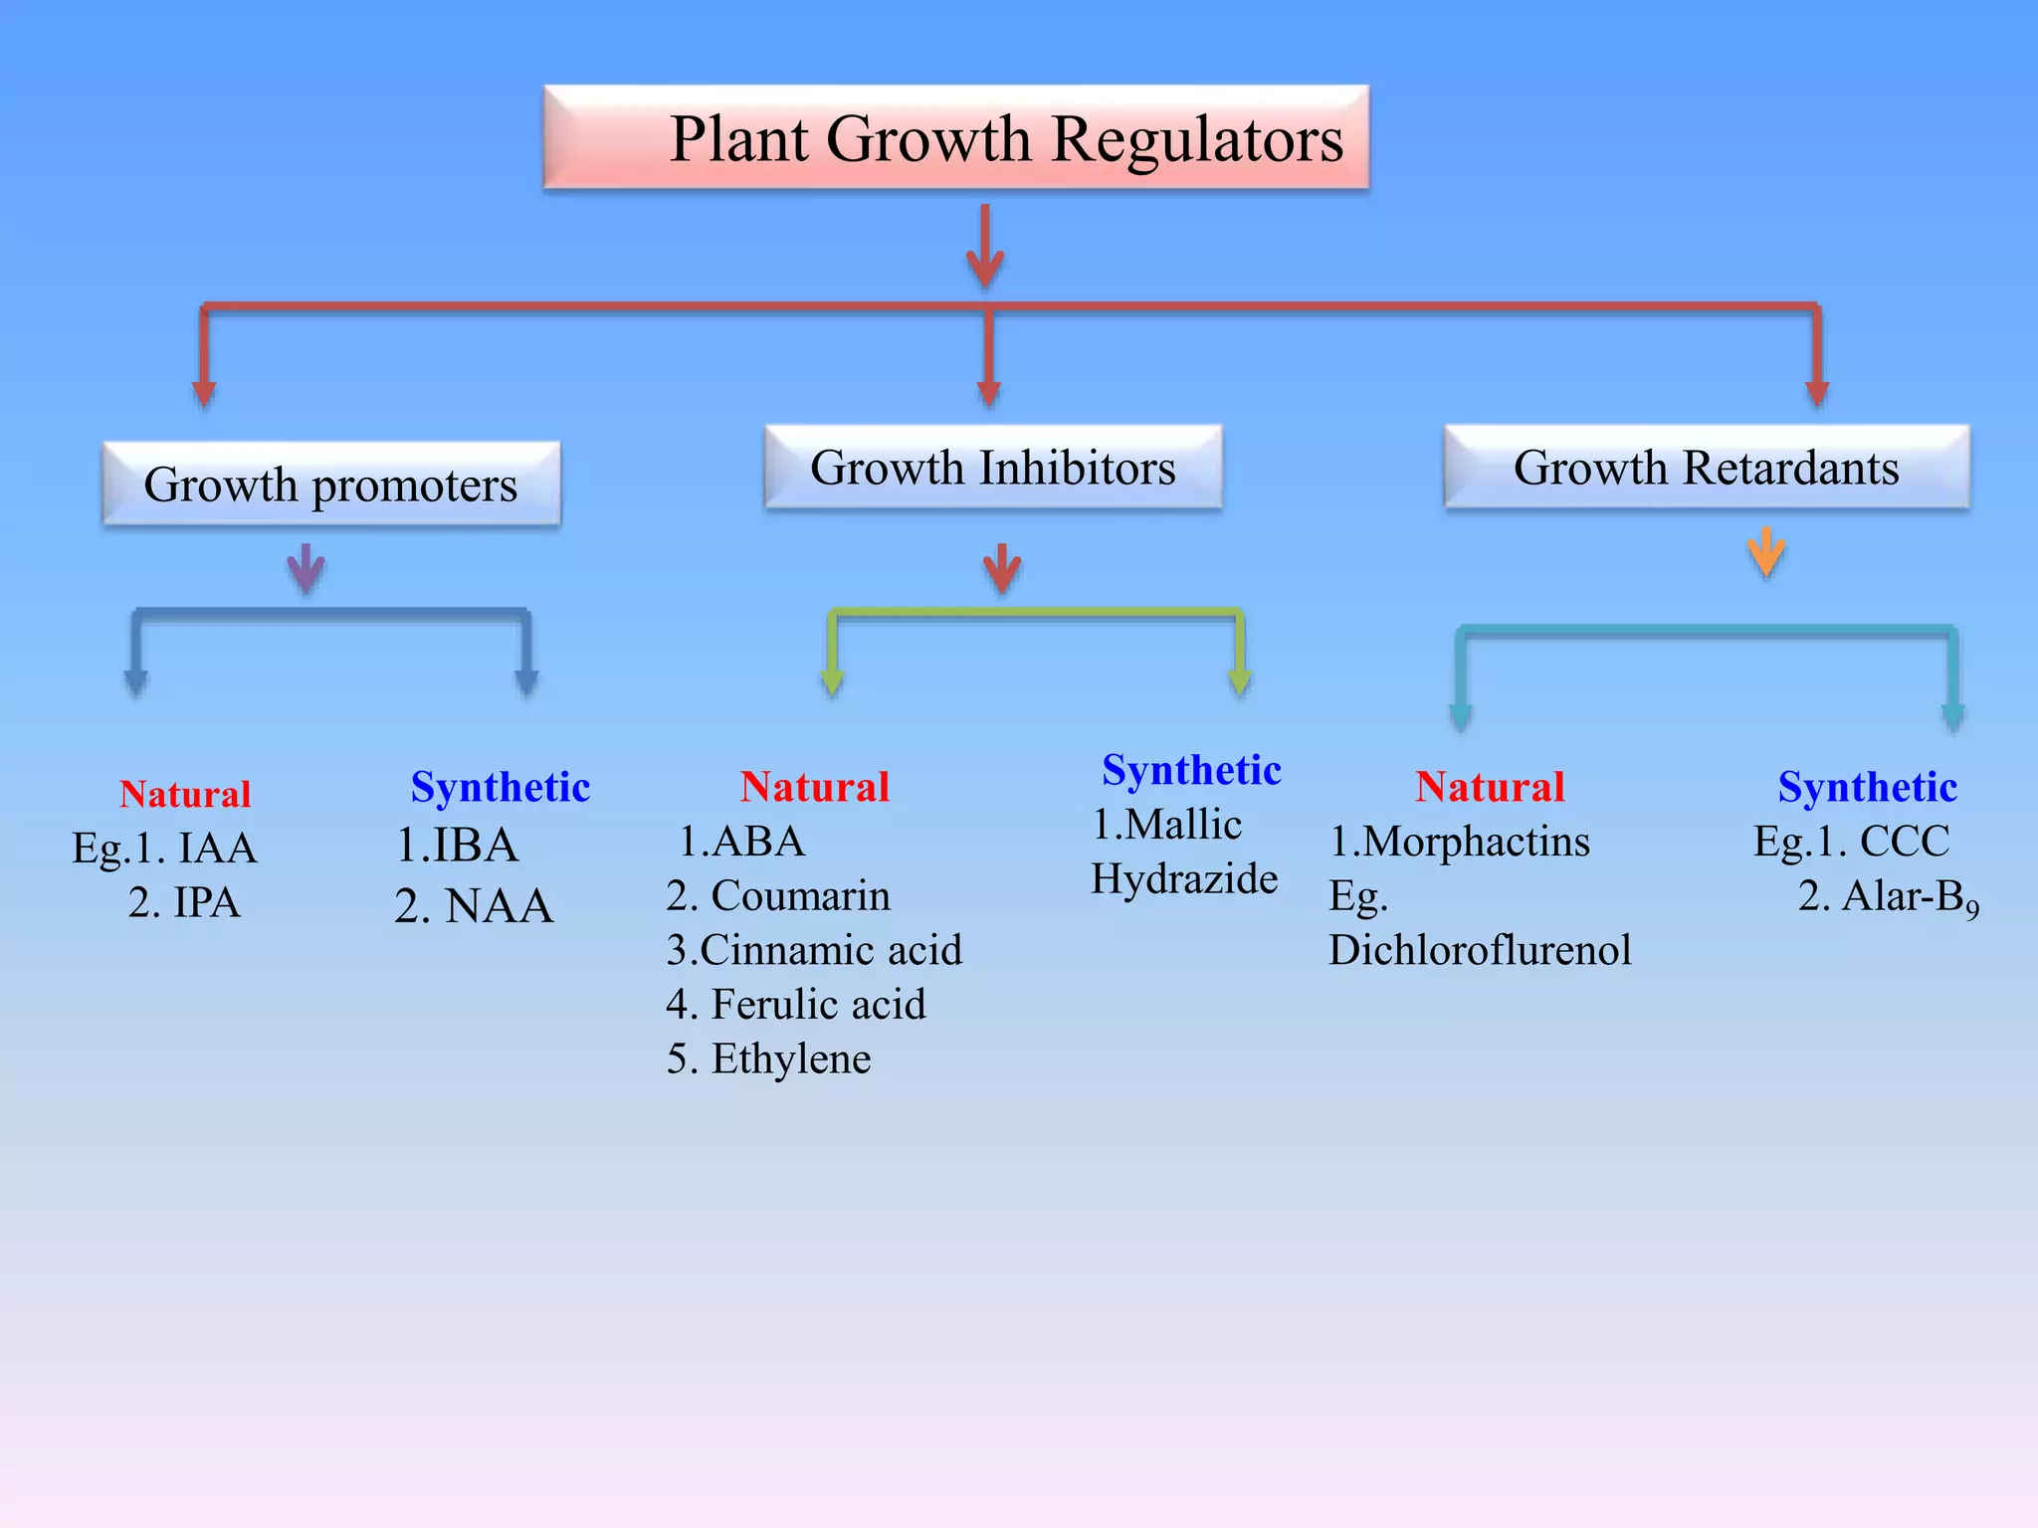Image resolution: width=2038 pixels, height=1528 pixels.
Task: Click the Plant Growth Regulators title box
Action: tap(955, 137)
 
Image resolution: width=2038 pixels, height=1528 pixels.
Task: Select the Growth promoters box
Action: tap(331, 484)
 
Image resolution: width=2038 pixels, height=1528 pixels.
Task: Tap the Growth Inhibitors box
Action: tap(992, 468)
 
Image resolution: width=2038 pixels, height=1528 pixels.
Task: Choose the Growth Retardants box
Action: tap(1706, 468)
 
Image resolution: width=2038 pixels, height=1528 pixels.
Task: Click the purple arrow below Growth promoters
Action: tap(306, 568)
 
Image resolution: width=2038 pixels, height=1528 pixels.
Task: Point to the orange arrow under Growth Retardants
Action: tap(1765, 551)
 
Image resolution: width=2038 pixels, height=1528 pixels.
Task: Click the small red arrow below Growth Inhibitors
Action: tap(1001, 568)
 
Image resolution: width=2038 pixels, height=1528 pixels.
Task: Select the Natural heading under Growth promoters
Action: tap(185, 794)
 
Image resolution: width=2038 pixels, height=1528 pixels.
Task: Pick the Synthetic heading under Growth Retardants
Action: tap(1867, 787)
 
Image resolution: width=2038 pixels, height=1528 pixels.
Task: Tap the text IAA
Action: tap(217, 849)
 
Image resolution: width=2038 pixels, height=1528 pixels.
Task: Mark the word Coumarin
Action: tap(800, 896)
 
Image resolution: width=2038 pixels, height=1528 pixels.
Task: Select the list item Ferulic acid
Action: tap(818, 1005)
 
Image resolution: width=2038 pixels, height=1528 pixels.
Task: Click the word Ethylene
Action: tap(791, 1058)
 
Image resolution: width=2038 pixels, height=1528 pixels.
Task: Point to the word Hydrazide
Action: tap(1184, 879)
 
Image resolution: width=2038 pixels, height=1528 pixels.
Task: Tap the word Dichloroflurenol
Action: tap(1480, 950)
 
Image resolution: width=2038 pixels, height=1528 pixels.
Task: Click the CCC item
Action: tap(1904, 843)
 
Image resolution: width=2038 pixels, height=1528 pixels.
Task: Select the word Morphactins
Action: tap(1476, 843)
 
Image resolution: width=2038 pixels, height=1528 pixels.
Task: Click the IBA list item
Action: tap(475, 846)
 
